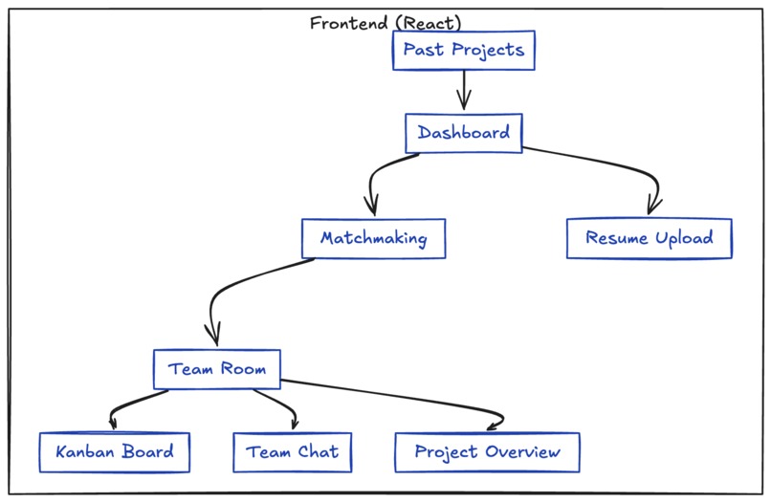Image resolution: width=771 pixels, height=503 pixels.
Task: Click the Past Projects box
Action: tap(463, 51)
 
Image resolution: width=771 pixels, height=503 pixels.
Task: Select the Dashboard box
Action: tap(463, 133)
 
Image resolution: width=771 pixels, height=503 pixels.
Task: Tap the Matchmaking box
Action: tap(373, 238)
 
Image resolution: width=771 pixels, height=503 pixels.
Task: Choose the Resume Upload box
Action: tap(649, 238)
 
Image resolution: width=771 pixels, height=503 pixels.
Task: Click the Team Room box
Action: tap(217, 369)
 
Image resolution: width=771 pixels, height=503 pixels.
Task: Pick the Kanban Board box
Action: tap(114, 451)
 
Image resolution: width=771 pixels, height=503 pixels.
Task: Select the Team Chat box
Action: tap(292, 451)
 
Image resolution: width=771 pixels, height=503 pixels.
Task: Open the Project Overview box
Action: tap(487, 451)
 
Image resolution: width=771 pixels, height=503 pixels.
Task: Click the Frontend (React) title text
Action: tap(385, 23)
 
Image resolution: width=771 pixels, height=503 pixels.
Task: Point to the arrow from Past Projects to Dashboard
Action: tap(464, 91)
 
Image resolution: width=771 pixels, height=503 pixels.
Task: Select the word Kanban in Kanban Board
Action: tap(85, 451)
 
